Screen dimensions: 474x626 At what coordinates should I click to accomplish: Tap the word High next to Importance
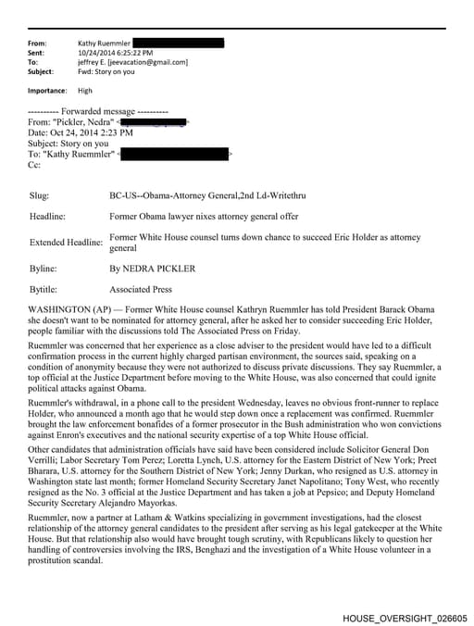click(85, 91)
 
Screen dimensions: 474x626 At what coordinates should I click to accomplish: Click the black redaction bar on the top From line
click(178, 43)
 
